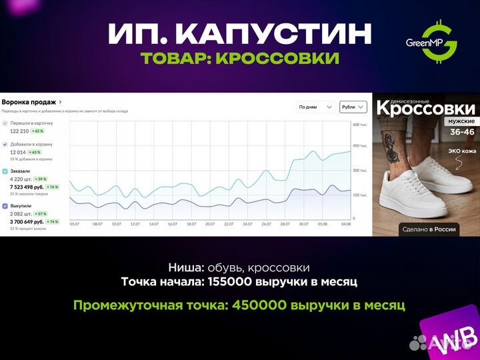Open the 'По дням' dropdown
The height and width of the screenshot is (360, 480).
[x=315, y=107]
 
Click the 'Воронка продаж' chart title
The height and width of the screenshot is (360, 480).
[x=29, y=102]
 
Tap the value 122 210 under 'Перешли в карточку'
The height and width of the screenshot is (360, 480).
[x=22, y=131]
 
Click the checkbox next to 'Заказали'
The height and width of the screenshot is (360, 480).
[x=5, y=171]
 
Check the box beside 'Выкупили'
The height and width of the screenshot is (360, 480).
[x=5, y=206]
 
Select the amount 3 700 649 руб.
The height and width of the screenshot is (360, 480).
[x=27, y=221]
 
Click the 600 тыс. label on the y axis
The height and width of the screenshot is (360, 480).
[x=360, y=125]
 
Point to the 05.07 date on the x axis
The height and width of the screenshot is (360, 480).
[x=75, y=224]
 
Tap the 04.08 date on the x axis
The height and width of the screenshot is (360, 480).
[x=345, y=224]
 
